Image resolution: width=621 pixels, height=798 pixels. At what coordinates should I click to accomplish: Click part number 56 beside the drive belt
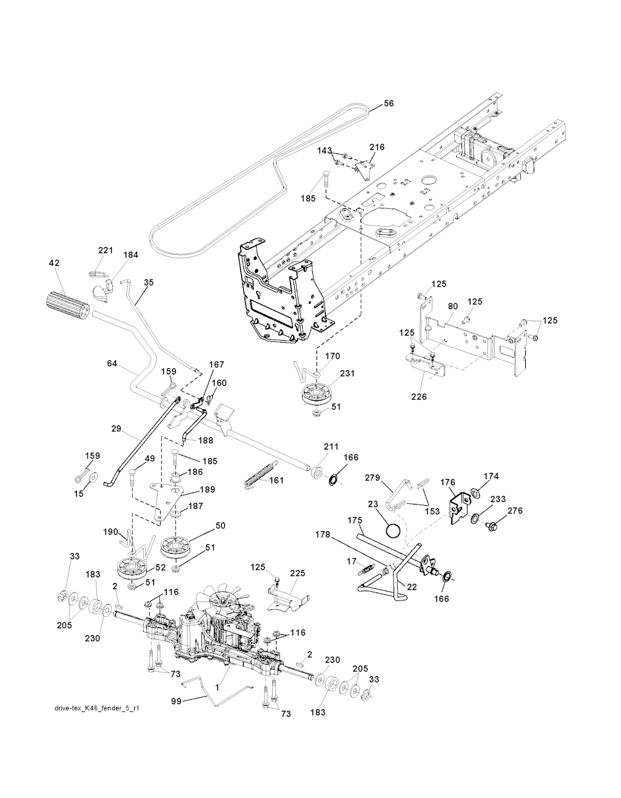[389, 104]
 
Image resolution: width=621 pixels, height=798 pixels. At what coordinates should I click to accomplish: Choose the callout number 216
[377, 147]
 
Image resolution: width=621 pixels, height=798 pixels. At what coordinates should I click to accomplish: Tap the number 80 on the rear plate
[452, 307]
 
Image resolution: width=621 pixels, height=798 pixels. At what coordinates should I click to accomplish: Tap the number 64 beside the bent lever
[112, 363]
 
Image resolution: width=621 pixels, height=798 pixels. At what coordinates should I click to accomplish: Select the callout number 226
[418, 397]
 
